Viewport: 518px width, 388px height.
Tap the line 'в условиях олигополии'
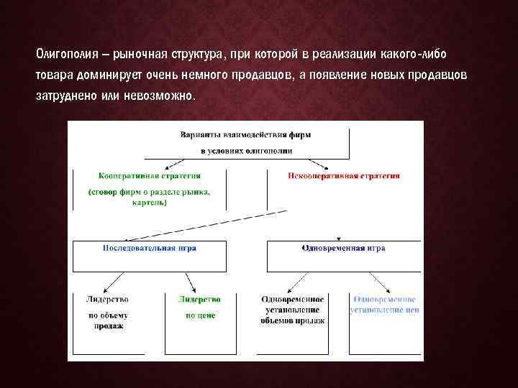click(246, 151)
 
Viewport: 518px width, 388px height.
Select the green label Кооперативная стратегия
click(149, 175)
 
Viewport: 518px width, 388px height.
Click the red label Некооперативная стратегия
click(344, 175)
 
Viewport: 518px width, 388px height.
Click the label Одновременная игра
click(343, 248)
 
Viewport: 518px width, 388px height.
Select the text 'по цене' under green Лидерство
click(200, 315)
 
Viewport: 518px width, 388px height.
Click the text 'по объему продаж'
click(108, 320)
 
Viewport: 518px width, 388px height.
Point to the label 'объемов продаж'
click(293, 320)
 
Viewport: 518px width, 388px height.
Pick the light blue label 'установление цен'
click(384, 310)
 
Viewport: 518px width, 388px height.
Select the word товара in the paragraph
click(53, 75)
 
